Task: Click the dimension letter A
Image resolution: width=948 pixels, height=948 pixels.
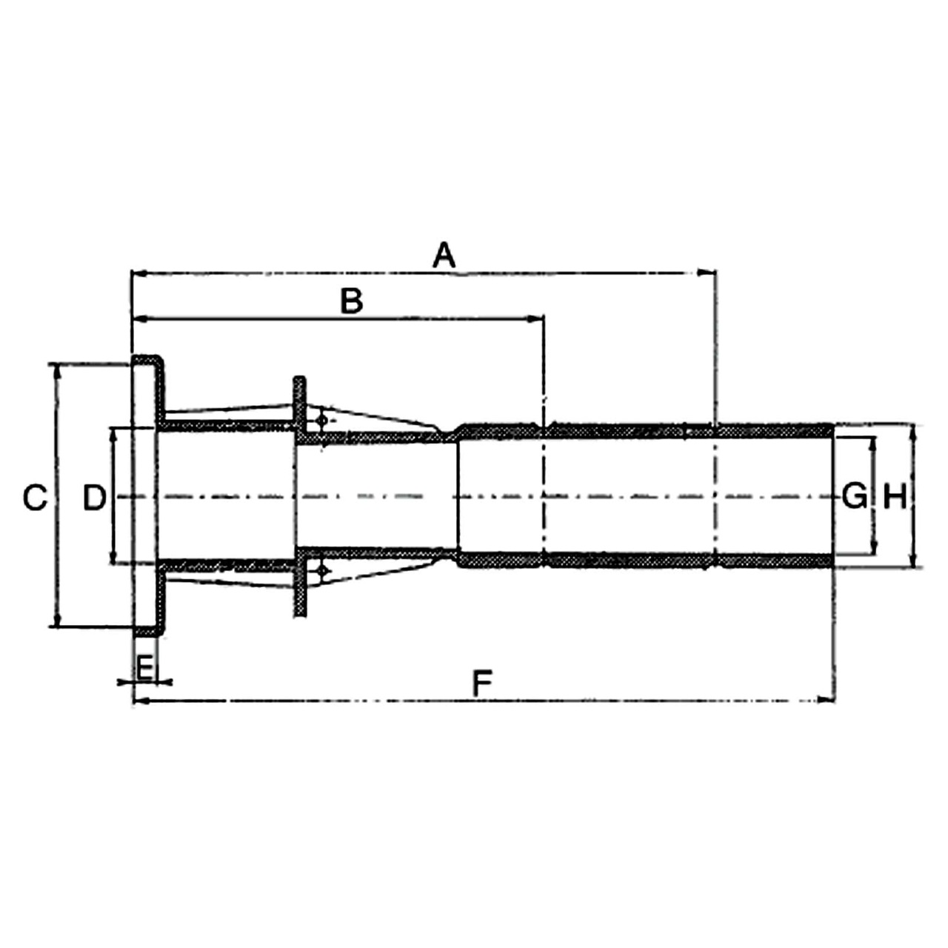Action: (x=443, y=256)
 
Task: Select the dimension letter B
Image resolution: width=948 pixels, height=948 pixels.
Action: (x=351, y=301)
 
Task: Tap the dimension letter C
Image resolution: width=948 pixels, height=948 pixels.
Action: (x=35, y=498)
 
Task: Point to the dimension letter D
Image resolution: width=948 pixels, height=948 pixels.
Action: (x=94, y=498)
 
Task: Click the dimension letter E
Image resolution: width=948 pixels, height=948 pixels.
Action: (x=146, y=668)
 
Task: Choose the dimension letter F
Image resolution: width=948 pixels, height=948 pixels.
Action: (x=482, y=683)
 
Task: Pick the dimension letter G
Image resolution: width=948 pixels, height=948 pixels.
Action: (x=855, y=495)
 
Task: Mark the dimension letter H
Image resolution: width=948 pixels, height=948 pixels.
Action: (x=895, y=495)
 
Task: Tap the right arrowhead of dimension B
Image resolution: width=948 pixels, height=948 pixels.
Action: (x=537, y=318)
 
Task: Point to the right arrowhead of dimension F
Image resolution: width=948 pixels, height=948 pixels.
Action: (x=827, y=699)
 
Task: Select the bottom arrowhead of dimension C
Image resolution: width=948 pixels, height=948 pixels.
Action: (x=56, y=622)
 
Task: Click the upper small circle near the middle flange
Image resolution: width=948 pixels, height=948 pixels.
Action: (x=321, y=421)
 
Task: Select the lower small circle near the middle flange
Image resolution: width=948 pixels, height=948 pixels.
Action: (x=321, y=570)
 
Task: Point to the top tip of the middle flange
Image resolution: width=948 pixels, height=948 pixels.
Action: (x=299, y=380)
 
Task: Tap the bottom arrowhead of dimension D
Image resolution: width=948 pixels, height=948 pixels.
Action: (x=113, y=558)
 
